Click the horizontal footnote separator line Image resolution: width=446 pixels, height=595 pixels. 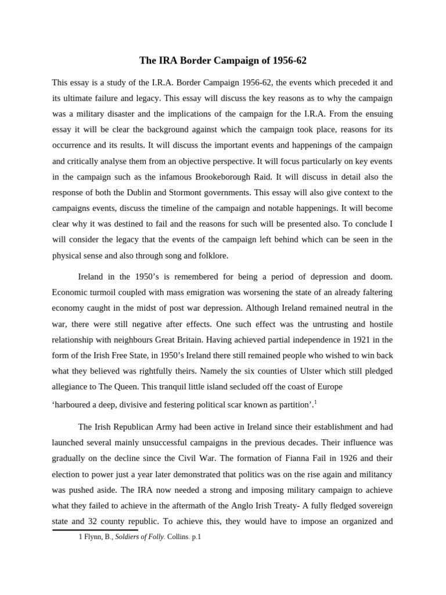[x=95, y=529]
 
